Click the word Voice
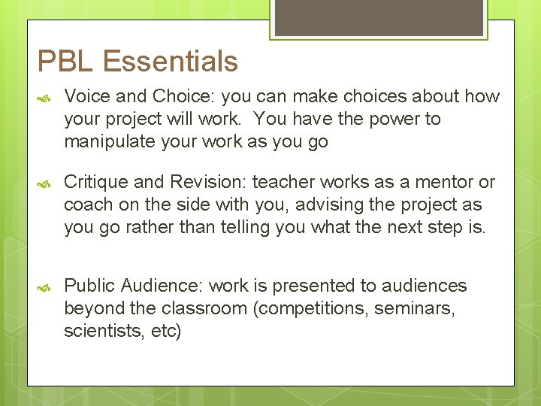tap(85, 96)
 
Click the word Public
tap(88, 286)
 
